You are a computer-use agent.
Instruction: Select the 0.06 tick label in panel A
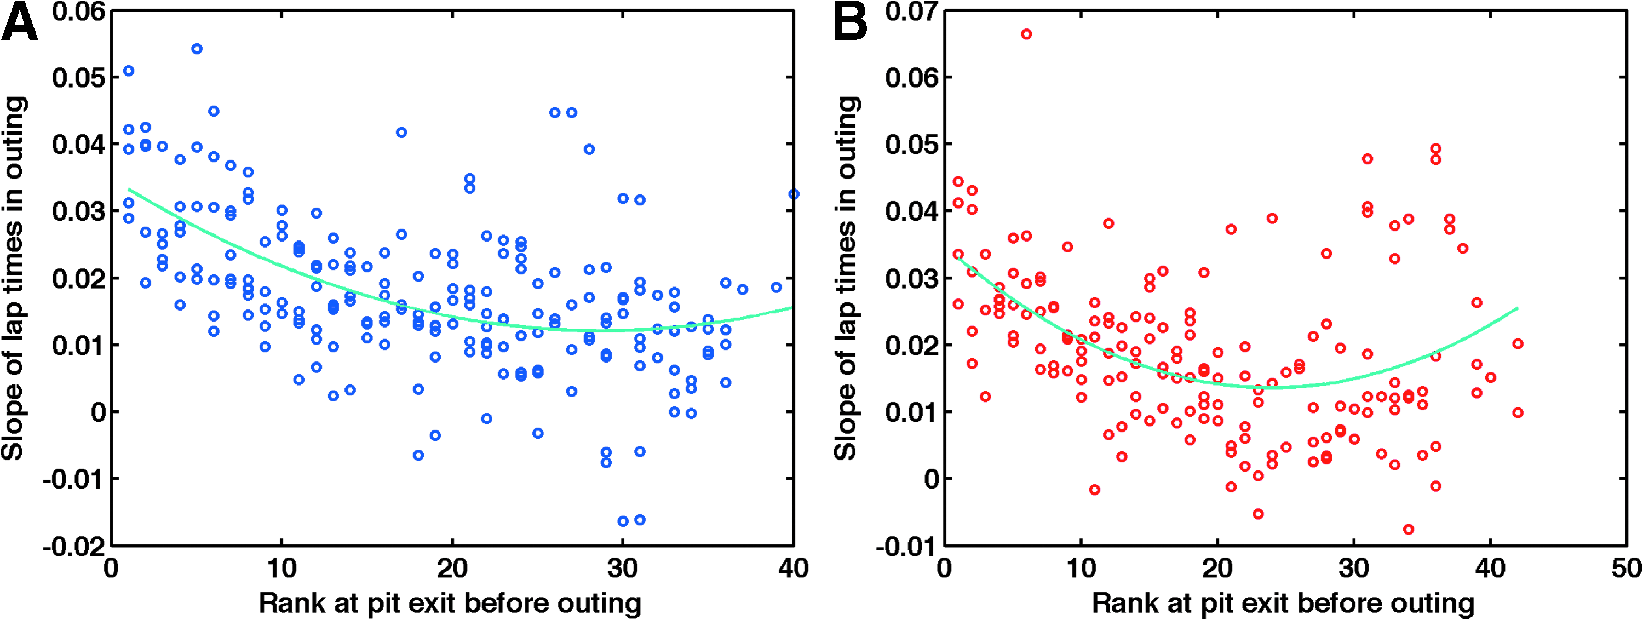[x=78, y=12]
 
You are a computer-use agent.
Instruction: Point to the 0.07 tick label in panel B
[x=911, y=12]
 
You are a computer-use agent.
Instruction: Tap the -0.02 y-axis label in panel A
[x=73, y=547]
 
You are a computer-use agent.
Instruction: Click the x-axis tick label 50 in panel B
[x=1627, y=568]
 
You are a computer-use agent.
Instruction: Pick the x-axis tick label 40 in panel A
[x=793, y=568]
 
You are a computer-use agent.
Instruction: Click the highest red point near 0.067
[x=1026, y=35]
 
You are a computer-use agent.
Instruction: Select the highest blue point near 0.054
[x=197, y=49]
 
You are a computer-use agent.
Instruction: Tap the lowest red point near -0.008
[x=1408, y=530]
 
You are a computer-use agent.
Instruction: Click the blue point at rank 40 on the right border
[x=794, y=194]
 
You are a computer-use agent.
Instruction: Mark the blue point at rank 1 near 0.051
[x=129, y=71]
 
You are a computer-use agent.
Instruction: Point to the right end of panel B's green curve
[x=1518, y=308]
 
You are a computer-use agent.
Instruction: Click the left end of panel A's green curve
[x=129, y=190]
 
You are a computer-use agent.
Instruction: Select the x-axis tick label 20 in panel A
[x=452, y=568]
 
